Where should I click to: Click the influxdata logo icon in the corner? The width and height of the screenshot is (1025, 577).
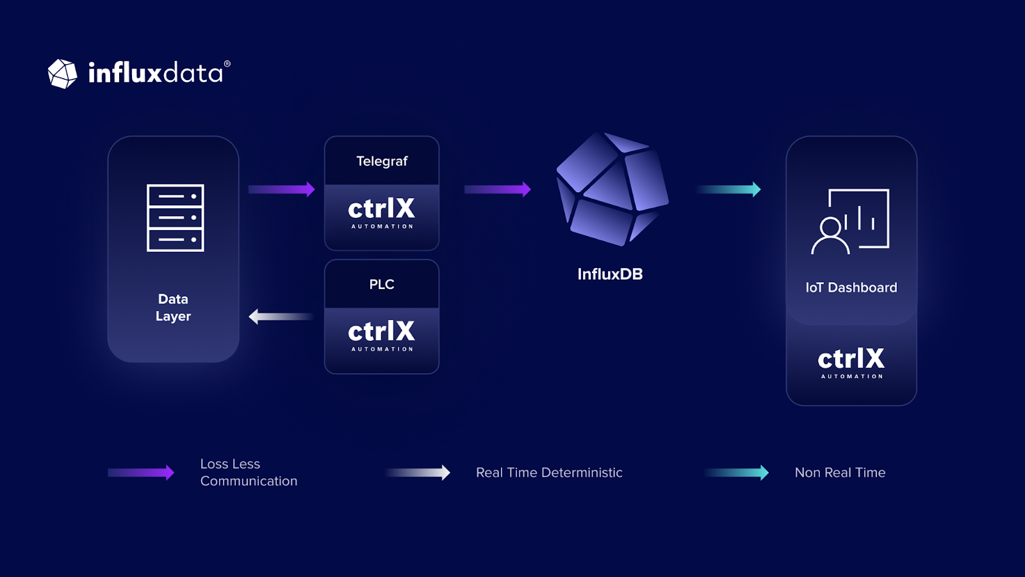point(62,74)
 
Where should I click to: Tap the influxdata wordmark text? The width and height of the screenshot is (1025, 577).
point(156,73)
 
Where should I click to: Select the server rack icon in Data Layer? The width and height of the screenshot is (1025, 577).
point(175,218)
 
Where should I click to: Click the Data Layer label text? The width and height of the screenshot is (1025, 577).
point(173,308)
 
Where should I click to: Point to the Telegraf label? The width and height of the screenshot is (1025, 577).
point(382,161)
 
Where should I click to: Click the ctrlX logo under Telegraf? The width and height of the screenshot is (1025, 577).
point(382,212)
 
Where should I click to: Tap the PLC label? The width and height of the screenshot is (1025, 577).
point(382,284)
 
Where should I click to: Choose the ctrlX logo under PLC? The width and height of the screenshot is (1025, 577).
point(382,335)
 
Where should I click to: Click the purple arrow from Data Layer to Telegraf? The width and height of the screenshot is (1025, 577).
point(281,189)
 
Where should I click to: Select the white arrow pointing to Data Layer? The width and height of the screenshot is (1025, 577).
point(281,316)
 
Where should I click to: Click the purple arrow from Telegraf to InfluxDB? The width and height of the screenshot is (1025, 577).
point(497,189)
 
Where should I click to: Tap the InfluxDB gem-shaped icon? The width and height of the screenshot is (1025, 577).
point(612,188)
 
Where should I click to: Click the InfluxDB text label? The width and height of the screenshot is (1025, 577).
point(610,274)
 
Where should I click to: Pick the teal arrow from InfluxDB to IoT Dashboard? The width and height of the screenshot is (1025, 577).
point(728,189)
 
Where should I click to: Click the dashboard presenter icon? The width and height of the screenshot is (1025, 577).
point(850,221)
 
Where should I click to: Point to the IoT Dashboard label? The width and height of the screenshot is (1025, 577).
point(851,288)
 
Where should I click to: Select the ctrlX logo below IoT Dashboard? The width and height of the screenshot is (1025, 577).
point(851,362)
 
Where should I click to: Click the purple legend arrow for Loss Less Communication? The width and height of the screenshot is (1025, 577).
point(141,472)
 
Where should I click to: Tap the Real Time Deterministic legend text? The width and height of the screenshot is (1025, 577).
point(549,472)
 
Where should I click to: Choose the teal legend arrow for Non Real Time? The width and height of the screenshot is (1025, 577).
point(737,472)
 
